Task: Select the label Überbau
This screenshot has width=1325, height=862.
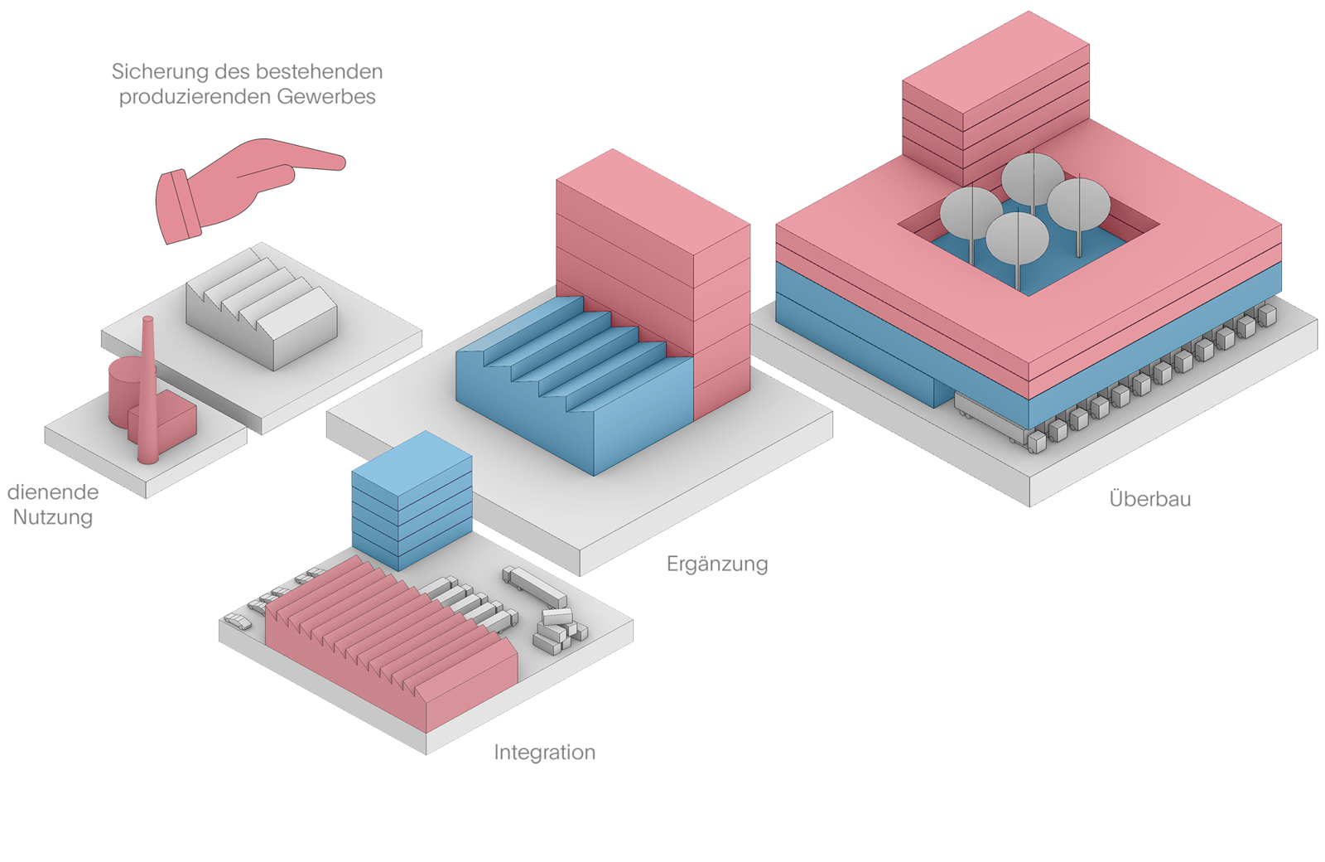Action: [x=1149, y=499]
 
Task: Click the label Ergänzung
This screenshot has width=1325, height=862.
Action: [x=717, y=564]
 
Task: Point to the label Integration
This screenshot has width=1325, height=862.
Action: [x=545, y=753]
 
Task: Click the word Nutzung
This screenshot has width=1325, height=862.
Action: [x=52, y=518]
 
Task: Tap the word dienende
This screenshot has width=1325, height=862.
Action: [x=53, y=492]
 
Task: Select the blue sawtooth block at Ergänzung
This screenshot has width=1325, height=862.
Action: [x=571, y=398]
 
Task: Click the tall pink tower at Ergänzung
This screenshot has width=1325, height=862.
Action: [x=654, y=274]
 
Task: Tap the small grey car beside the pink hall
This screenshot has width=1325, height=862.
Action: [x=238, y=622]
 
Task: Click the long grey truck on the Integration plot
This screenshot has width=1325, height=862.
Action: [x=534, y=584]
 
